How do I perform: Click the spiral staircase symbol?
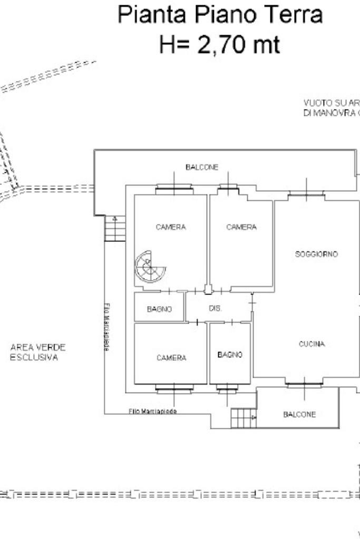point(150,267)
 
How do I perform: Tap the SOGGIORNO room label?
point(316,254)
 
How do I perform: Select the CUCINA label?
point(312,344)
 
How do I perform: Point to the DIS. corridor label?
point(215,309)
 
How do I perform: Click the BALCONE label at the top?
point(202,167)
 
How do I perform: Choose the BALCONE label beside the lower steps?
point(299,415)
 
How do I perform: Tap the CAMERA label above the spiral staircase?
point(171,227)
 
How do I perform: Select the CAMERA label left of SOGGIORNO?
point(241,227)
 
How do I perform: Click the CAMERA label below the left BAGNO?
point(171,358)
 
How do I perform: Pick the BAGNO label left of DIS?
point(159,309)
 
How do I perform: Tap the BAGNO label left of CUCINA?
point(230,355)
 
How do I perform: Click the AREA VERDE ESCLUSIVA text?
point(38,352)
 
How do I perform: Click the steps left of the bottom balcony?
point(244,418)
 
